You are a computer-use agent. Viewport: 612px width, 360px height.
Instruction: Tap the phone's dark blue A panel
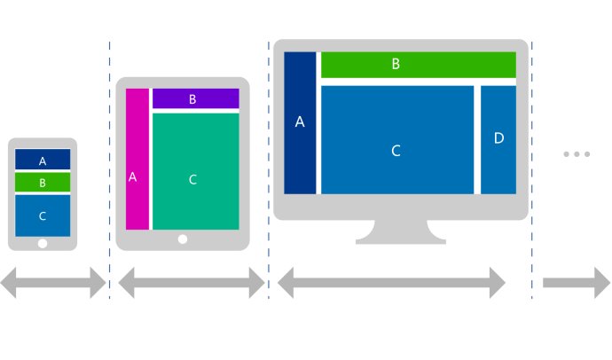(43, 160)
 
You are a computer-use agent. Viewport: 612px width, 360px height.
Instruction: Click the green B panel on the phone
(43, 183)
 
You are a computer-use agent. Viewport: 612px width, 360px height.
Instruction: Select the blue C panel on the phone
(43, 215)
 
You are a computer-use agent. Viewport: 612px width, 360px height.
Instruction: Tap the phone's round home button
(43, 243)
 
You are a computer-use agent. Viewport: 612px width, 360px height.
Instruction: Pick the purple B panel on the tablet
(195, 98)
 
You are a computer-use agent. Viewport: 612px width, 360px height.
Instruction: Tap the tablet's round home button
(183, 239)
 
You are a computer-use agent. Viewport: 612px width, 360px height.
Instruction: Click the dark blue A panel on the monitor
(300, 122)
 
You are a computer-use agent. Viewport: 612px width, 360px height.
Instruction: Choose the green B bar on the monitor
(418, 65)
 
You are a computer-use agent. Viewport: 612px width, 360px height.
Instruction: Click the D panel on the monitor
(498, 139)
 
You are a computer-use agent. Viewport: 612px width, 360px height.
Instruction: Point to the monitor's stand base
(400, 234)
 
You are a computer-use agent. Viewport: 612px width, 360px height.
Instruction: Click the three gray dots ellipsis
(577, 154)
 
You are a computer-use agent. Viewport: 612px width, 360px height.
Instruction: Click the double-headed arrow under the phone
(53, 284)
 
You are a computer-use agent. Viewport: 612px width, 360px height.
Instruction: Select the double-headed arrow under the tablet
(191, 284)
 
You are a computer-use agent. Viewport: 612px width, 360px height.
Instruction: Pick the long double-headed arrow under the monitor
(391, 284)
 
